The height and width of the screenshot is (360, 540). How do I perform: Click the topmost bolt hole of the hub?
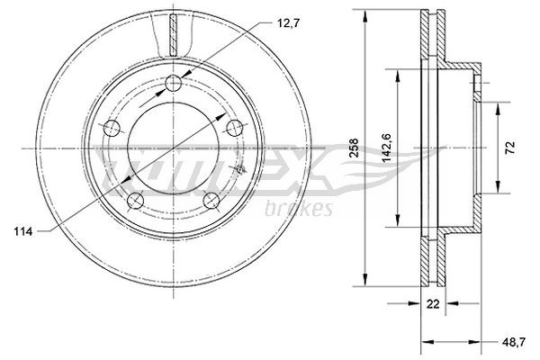(174, 85)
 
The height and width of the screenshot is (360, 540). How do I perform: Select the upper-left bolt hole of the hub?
(112, 126)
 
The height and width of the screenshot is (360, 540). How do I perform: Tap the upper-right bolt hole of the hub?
(236, 126)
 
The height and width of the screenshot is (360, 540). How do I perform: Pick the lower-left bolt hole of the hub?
(135, 200)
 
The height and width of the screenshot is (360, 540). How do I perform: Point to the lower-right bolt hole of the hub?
(212, 200)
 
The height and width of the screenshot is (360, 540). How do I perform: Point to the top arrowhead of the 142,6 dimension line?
(397, 72)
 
